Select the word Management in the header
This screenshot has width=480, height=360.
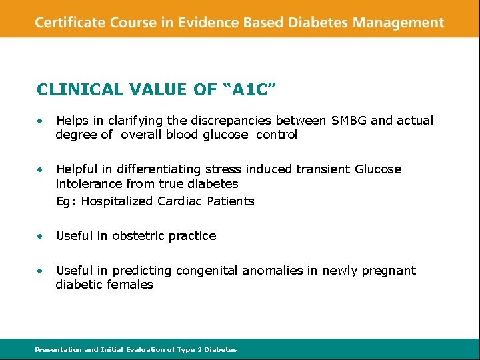point(398,23)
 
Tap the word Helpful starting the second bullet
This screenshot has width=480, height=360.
point(77,169)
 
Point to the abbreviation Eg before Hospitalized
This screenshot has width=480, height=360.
point(64,201)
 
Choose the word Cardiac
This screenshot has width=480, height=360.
point(179,201)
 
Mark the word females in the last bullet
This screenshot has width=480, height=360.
point(131,285)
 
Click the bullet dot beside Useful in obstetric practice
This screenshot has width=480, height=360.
point(41,236)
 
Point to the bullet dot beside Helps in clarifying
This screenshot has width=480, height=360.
point(41,121)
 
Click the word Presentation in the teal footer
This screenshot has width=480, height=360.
point(59,349)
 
